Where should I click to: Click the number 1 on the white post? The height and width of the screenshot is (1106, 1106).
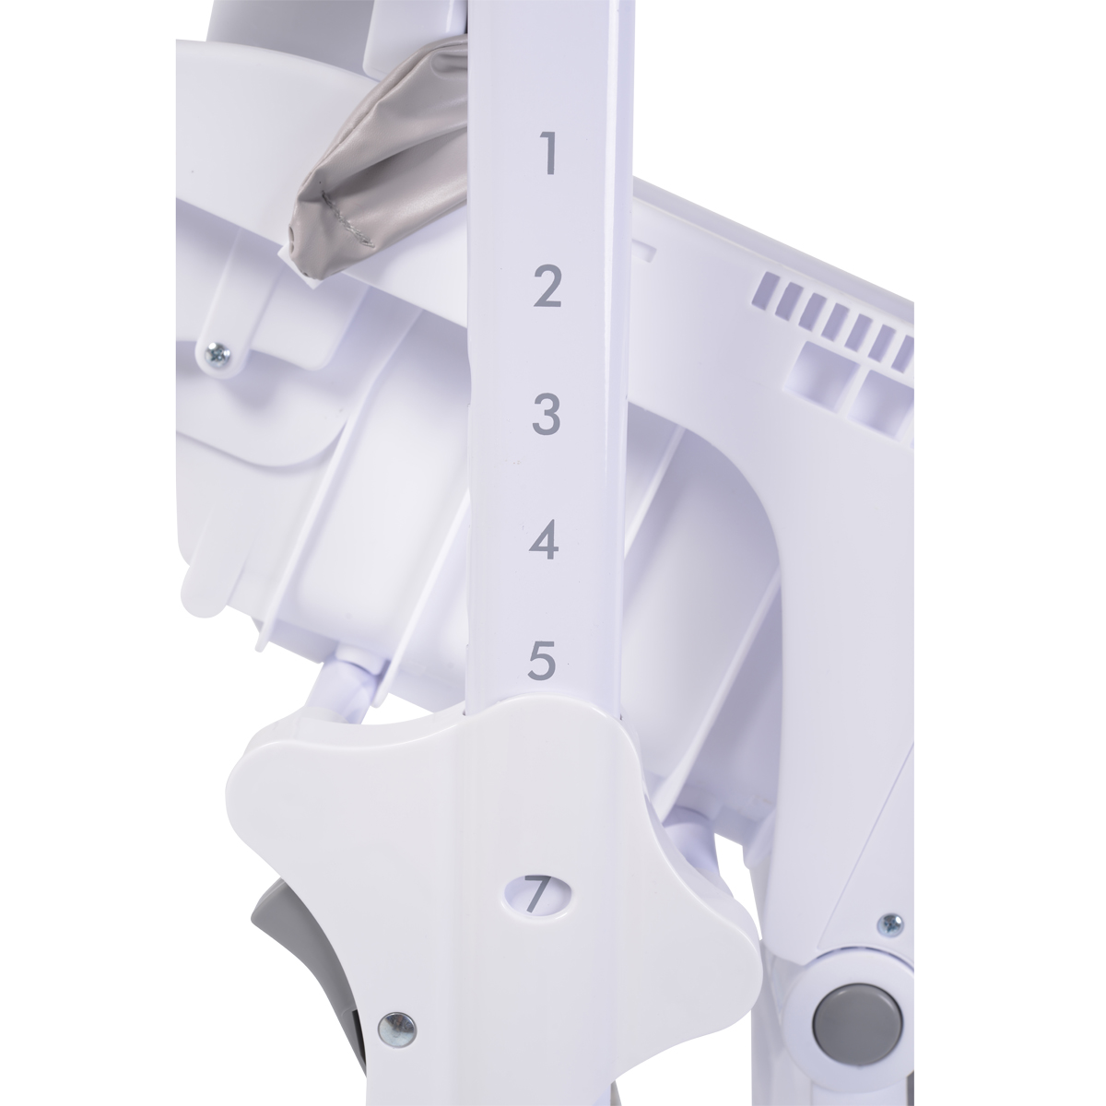[x=547, y=153]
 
